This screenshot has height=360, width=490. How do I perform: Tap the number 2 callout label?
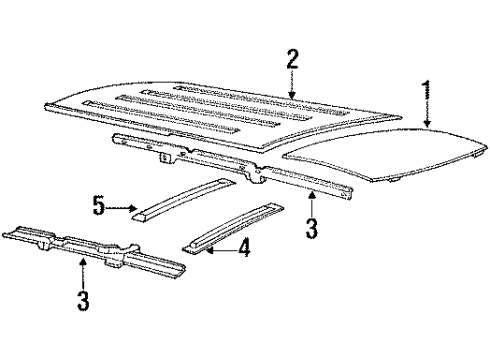pyautogui.click(x=292, y=59)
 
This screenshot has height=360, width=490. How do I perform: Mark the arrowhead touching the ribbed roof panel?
pyautogui.click(x=292, y=97)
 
